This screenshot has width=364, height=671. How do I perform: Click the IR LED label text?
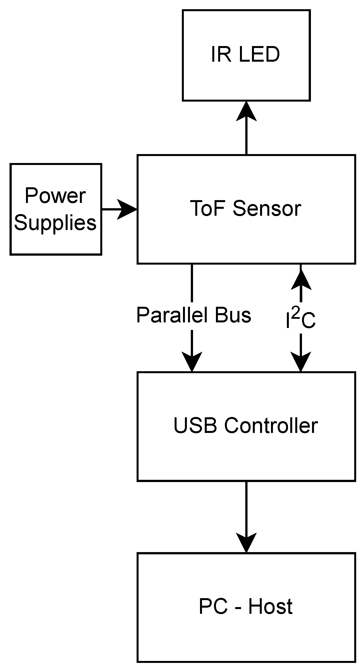(x=245, y=54)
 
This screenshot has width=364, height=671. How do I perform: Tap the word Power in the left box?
(x=55, y=196)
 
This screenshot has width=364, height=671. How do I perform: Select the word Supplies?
(x=55, y=223)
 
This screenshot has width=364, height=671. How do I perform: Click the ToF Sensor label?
(x=245, y=209)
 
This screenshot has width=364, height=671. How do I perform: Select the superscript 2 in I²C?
(x=297, y=314)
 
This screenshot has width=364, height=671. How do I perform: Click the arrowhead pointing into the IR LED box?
(x=246, y=112)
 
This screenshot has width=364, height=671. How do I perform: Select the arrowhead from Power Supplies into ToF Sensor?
(x=127, y=209)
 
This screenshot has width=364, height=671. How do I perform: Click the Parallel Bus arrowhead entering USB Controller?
(x=192, y=361)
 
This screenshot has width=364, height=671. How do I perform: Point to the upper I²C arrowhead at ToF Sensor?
(x=301, y=280)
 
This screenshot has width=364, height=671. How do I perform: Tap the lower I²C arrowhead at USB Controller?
(x=301, y=361)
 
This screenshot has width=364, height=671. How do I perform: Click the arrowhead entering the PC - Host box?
(x=246, y=542)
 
